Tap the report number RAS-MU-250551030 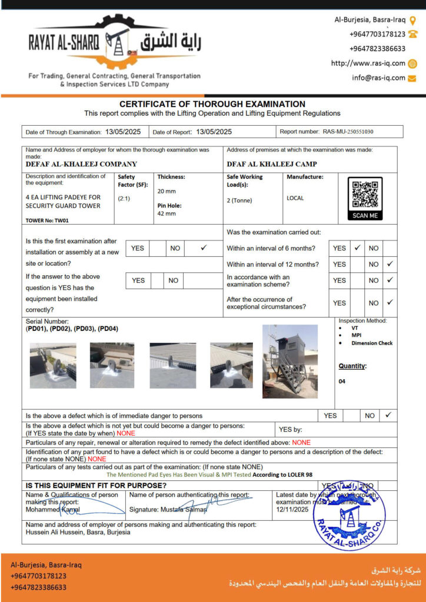click(x=348, y=132)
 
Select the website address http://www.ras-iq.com click(x=368, y=63)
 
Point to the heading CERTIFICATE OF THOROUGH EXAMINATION click(x=212, y=104)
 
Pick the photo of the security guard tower click(x=290, y=361)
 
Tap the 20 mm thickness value click(x=167, y=191)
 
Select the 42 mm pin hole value click(x=167, y=213)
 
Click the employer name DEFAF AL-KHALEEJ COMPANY click(x=81, y=165)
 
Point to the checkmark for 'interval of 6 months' click(x=357, y=248)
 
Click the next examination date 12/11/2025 click(x=292, y=510)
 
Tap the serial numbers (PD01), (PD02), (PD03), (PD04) click(x=72, y=329)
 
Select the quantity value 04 click(x=342, y=381)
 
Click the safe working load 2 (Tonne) click(x=239, y=200)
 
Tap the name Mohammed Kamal click(x=49, y=510)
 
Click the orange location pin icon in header click(x=412, y=19)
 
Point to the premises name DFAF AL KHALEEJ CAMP click(x=271, y=165)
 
